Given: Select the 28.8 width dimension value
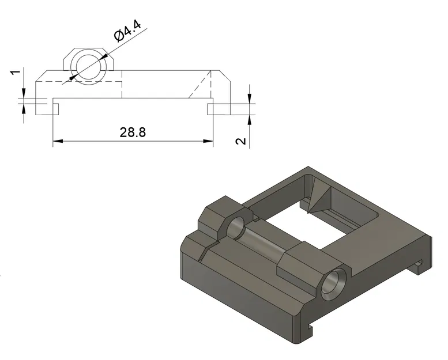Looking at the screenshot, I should click(x=133, y=132).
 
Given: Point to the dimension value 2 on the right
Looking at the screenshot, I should click(x=242, y=141).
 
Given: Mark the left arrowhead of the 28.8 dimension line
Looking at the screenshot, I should click(x=57, y=141).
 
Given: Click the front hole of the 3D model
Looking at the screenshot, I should click(x=334, y=285).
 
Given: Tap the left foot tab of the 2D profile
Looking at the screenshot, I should click(x=45, y=108).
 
